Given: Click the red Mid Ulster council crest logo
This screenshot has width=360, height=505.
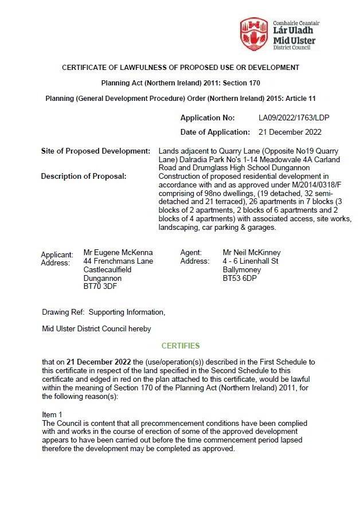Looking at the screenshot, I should [x=253, y=34].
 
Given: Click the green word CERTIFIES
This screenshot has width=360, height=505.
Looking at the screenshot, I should [x=181, y=346].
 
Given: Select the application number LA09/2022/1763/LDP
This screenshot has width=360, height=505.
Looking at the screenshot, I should [x=294, y=118].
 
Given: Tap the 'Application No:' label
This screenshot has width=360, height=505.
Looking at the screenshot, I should [x=208, y=118].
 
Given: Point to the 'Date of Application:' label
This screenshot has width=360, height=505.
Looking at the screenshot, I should [x=215, y=132].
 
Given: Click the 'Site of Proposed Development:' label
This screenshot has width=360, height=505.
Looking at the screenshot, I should [x=96, y=151].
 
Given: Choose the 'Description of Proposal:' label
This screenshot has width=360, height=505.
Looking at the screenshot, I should [x=83, y=176].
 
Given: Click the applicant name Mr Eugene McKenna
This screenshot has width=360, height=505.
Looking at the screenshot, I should [x=118, y=252].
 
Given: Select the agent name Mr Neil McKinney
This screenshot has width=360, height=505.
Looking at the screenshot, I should [x=252, y=252].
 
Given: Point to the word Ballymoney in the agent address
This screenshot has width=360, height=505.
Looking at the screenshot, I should [x=242, y=269].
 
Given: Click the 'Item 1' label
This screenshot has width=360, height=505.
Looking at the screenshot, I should [x=52, y=414].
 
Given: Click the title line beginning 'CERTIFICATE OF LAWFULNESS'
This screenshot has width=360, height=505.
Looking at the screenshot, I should [x=181, y=68].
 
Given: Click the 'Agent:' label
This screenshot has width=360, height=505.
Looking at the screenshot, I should [x=191, y=252].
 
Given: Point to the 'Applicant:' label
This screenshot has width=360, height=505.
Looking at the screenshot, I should [x=57, y=255].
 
